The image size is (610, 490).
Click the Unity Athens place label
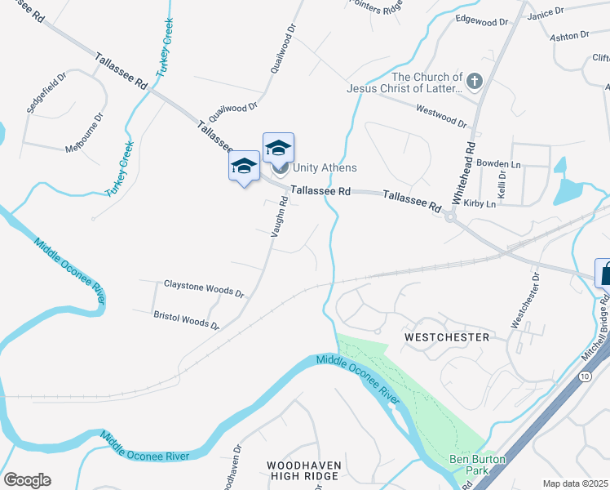click(325, 167)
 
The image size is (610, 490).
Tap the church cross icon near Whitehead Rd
click(475, 82)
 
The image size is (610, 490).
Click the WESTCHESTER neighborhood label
click(447, 336)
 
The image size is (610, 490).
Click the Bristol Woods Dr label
click(187, 319)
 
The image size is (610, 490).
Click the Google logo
click(27, 480)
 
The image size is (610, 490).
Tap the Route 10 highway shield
click(586, 376)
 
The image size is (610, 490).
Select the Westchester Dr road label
click(526, 301)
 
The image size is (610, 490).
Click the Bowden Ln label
click(498, 163)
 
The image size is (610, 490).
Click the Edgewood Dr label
click(481, 18)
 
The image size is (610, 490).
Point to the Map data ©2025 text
click(574, 483)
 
